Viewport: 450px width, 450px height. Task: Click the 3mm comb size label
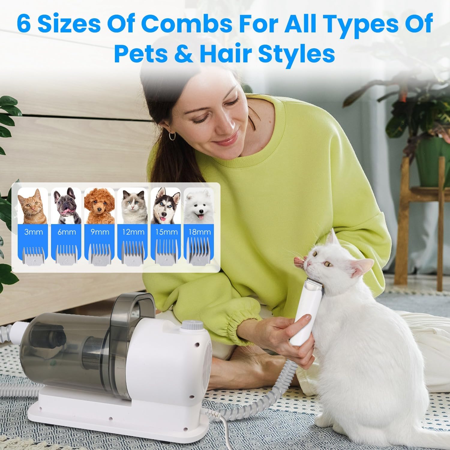pyautogui.click(x=34, y=232)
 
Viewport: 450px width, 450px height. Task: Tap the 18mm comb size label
pyautogui.click(x=199, y=232)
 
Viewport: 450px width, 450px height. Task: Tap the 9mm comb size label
pyautogui.click(x=100, y=232)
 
